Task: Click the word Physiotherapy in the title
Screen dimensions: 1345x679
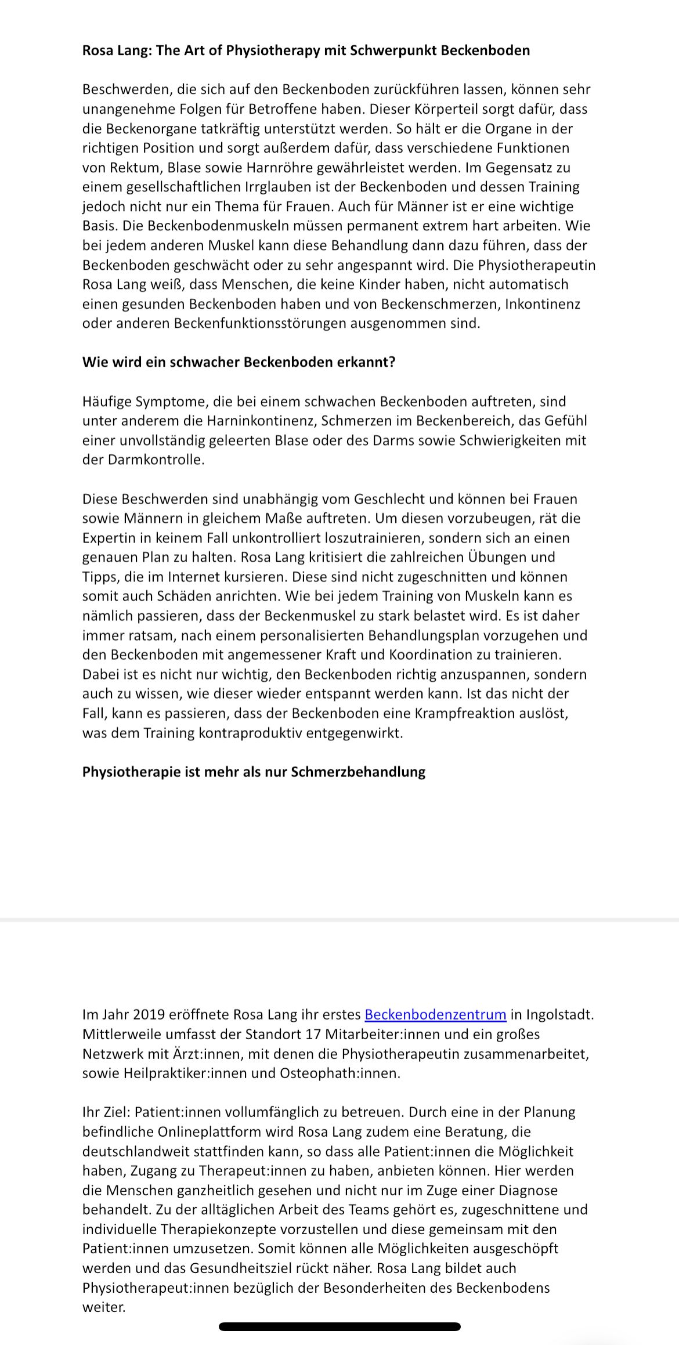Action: [272, 50]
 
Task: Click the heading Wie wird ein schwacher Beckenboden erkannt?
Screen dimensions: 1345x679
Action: [239, 362]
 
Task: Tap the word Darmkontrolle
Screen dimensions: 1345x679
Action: [156, 460]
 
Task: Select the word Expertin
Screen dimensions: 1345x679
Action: [108, 538]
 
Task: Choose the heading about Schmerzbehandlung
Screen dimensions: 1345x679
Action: [254, 772]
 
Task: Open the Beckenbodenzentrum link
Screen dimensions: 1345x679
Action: [435, 1015]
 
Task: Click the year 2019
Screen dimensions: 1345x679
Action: [149, 1015]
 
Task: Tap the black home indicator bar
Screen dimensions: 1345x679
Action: [339, 1326]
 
